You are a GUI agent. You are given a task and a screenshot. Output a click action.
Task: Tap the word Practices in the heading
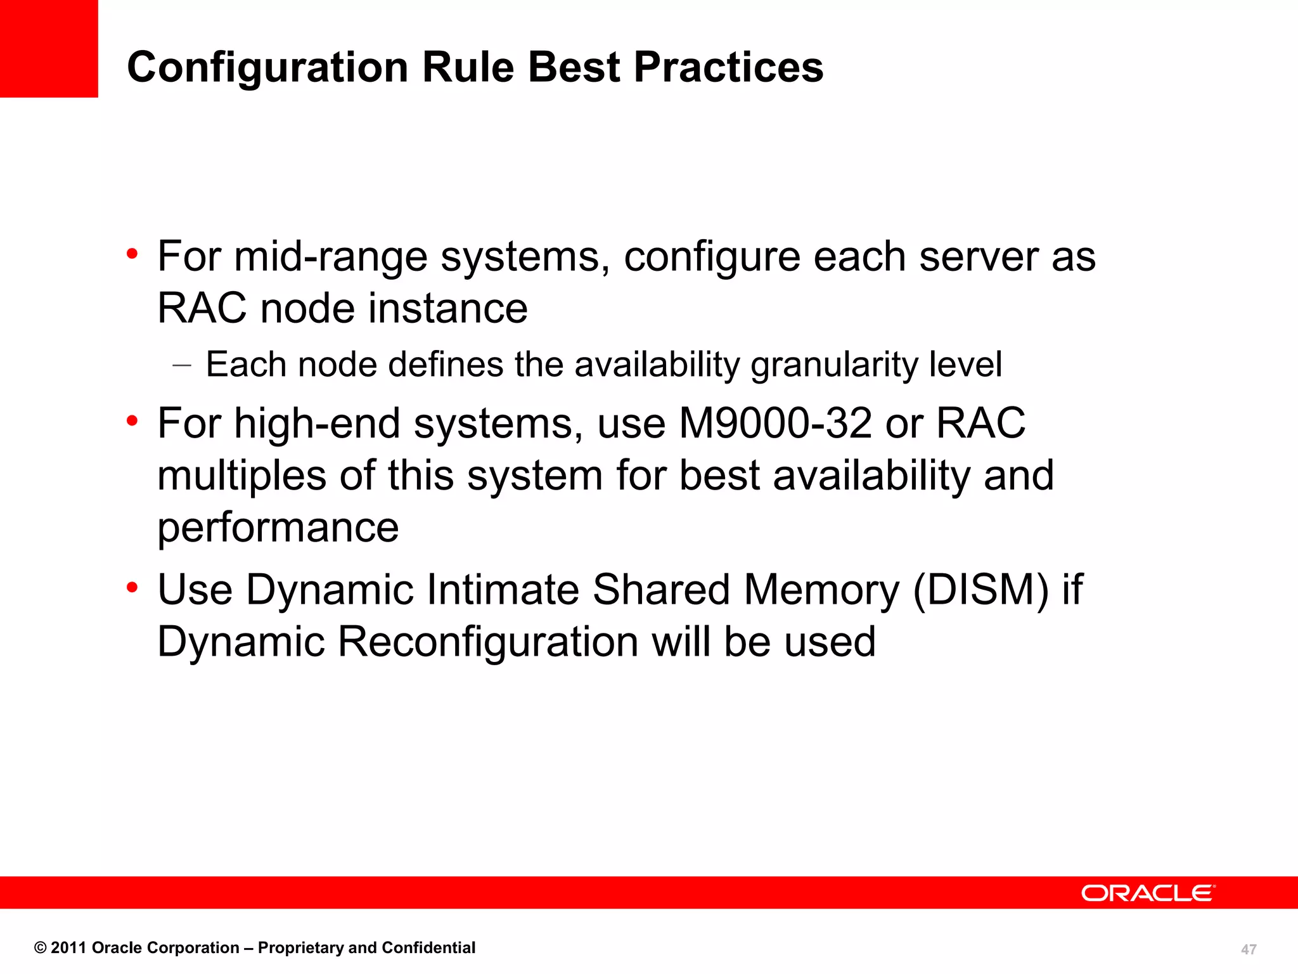728,67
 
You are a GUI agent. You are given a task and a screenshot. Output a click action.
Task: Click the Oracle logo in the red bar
1148,893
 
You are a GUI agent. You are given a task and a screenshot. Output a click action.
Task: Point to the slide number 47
1248,949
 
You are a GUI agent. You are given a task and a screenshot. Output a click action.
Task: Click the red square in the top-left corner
49,48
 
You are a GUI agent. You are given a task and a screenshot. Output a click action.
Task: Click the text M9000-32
774,423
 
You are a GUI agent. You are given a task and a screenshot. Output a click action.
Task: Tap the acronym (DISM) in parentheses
980,590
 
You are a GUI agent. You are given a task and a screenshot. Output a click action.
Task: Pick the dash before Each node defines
181,365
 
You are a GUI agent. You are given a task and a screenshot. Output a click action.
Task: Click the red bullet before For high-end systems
132,420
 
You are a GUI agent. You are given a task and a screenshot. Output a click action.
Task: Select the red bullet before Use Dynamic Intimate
132,587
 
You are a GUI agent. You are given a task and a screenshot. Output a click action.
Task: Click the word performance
278,527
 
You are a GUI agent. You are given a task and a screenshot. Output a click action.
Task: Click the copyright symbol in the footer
41,948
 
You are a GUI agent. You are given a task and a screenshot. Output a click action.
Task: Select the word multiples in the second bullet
241,475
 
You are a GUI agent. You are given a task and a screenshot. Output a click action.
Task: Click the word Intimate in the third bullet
503,590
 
